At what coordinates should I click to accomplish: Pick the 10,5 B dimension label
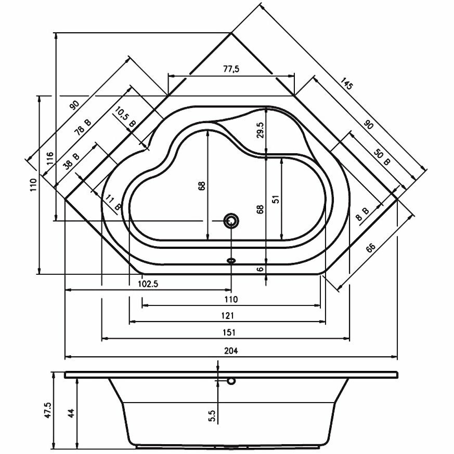tap(125, 117)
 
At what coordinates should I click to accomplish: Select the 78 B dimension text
tap(83, 128)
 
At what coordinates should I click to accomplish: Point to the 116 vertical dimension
tap(50, 158)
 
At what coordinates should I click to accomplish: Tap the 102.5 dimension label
tap(148, 284)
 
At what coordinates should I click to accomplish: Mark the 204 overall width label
tap(231, 351)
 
